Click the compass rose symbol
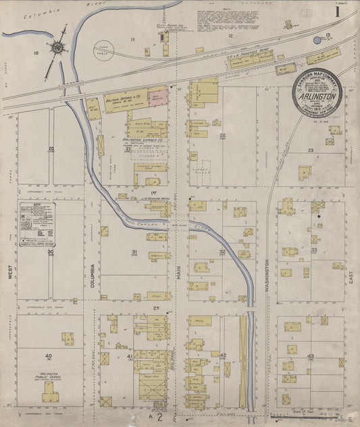pyautogui.click(x=58, y=47)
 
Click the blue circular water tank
pyautogui.click(x=317, y=41)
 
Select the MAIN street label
pyautogui.click(x=179, y=271)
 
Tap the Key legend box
pyautogui.click(x=36, y=223)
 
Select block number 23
pyautogui.click(x=311, y=150)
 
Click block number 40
pyautogui.click(x=48, y=356)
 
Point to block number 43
pyautogui.click(x=310, y=356)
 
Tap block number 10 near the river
pyautogui.click(x=36, y=51)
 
